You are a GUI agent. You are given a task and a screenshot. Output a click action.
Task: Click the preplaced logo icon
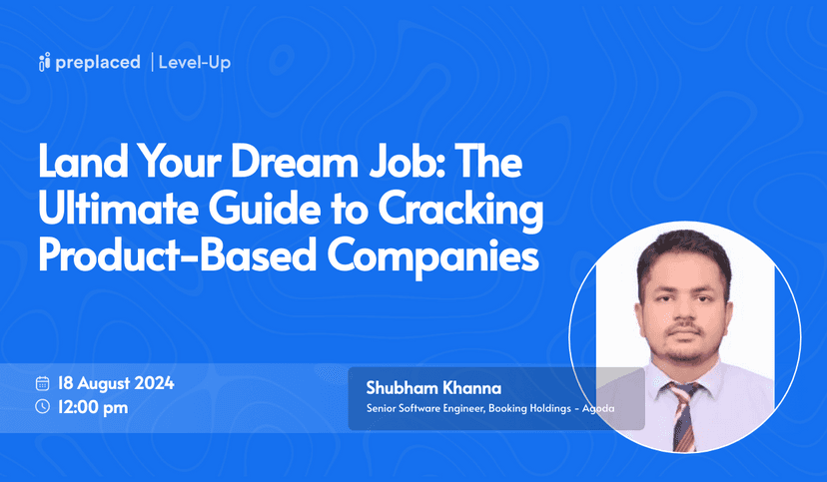click(x=44, y=63)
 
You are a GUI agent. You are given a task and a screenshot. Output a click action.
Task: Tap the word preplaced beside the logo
click(x=97, y=63)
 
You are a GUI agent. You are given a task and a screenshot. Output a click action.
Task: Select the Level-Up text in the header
click(x=195, y=63)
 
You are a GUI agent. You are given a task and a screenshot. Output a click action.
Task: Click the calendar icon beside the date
click(x=42, y=383)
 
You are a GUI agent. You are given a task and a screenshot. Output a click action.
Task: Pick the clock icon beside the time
click(x=42, y=406)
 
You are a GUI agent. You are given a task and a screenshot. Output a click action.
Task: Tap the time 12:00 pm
click(x=94, y=406)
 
